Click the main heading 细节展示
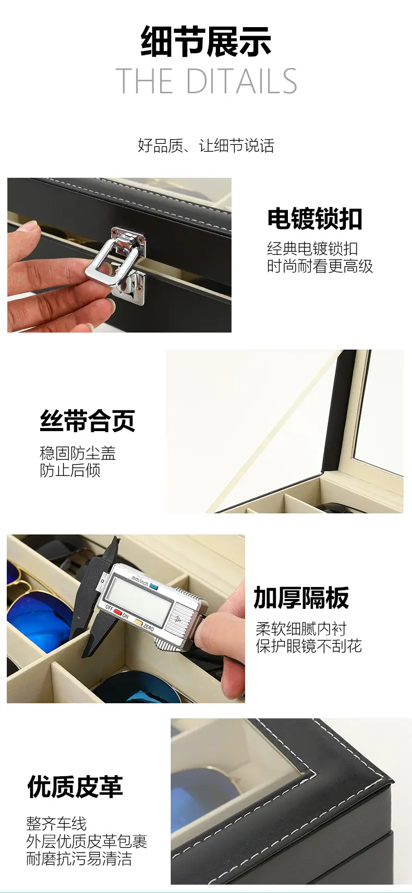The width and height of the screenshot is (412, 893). [206, 41]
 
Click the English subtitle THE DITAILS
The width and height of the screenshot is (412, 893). [206, 81]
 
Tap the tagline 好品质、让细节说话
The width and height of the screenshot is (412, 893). [206, 145]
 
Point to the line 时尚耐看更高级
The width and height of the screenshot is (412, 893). [320, 266]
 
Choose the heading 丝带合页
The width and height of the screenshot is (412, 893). [87, 421]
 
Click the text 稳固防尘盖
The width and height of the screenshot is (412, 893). [77, 454]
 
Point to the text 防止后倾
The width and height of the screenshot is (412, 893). [70, 470]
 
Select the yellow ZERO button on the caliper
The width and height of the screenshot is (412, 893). [138, 621]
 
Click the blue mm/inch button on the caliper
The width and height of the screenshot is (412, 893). [153, 587]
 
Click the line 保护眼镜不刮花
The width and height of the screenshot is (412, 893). [309, 646]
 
